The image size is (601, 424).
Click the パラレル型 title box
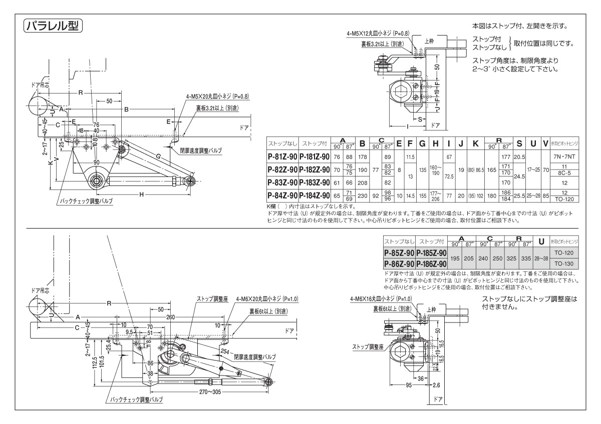(53, 25)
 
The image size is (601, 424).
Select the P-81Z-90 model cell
(282, 156)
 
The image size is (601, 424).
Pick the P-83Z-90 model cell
(282, 182)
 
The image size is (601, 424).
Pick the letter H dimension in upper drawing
(142, 193)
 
